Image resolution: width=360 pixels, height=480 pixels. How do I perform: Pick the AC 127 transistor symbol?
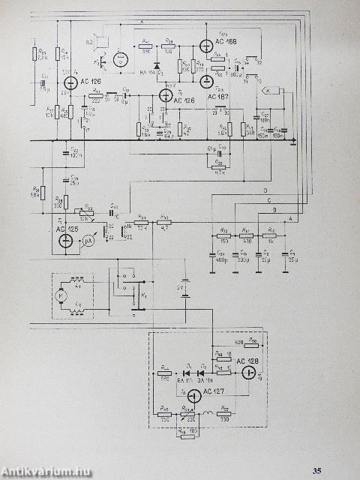[193, 394]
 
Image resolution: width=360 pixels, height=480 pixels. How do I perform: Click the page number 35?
[318, 470]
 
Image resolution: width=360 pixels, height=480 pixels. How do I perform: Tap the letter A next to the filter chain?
[290, 218]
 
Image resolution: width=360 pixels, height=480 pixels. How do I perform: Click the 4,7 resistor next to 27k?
[164, 221]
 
